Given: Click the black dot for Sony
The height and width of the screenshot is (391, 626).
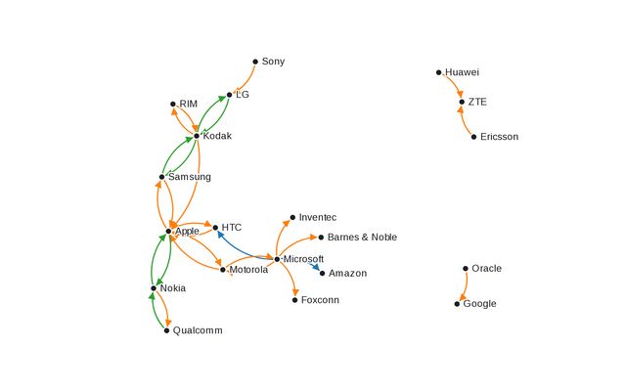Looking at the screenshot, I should click(255, 62).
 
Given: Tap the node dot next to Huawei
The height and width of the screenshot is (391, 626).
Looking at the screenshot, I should click(438, 72).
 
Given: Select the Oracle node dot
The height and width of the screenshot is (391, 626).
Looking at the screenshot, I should click(466, 268).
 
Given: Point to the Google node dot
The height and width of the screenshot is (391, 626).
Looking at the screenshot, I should click(457, 304).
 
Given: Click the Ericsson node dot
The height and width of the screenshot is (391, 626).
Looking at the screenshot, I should click(474, 137).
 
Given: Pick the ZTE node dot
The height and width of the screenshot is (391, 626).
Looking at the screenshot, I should click(462, 102).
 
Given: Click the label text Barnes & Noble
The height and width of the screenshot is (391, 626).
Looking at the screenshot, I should click(362, 238).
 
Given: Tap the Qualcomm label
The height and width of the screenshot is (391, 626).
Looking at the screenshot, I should click(198, 330).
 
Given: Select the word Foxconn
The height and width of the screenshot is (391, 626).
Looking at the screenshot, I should click(321, 300).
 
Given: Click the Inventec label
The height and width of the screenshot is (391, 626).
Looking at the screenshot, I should click(318, 217).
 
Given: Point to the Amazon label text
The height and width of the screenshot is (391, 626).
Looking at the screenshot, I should click(348, 274).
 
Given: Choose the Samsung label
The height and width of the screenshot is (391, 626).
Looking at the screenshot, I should click(190, 177).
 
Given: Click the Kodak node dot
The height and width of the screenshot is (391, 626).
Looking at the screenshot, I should click(197, 136).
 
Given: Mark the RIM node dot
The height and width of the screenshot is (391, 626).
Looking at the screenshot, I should click(173, 104).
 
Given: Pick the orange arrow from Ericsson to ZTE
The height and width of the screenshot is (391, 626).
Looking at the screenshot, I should click(463, 120).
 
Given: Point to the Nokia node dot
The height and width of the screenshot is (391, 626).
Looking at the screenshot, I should click(154, 288).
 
